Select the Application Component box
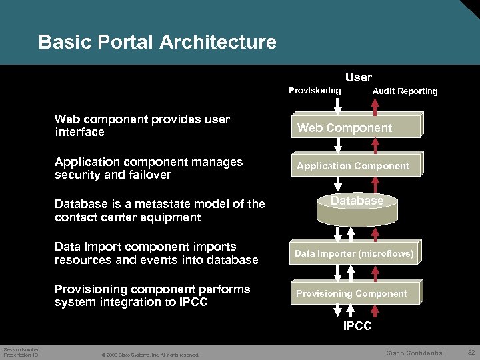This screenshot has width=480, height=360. [x=354, y=165]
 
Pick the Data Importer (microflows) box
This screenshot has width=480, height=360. [x=354, y=253]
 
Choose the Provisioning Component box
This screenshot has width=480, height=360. [x=352, y=293]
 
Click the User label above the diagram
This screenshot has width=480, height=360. [x=358, y=77]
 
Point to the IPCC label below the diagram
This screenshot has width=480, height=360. [x=357, y=326]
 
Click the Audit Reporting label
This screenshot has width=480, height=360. [x=405, y=91]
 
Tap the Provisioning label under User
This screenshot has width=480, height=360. [x=315, y=90]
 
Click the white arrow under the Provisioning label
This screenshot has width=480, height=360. [x=338, y=105]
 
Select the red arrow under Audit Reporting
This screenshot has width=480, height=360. [x=375, y=105]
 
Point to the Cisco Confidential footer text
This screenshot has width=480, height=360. [x=415, y=353]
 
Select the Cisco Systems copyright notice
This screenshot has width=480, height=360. [x=150, y=355]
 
